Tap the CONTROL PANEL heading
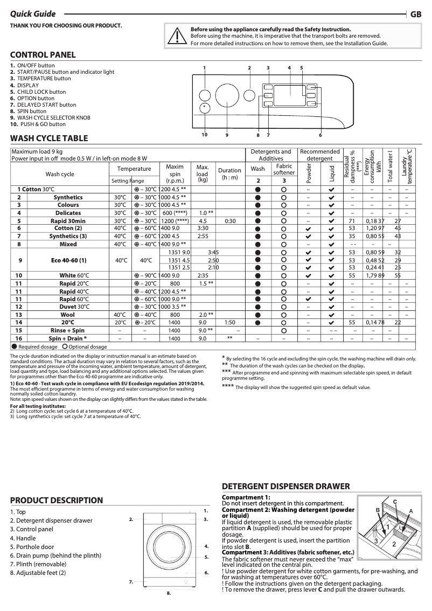pyautogui.click(x=43, y=54)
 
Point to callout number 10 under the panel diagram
pyautogui.click(x=205, y=134)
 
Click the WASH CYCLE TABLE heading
pyautogui.click(x=49, y=138)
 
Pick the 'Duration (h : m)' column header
pyautogui.click(x=230, y=173)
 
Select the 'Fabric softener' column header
pyautogui.click(x=284, y=170)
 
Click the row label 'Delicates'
pyautogui.click(x=68, y=213)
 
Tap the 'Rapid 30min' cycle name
pyautogui.click(x=68, y=221)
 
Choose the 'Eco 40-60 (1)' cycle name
pyautogui.click(x=68, y=260)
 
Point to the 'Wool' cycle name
pyautogui.click(x=68, y=315)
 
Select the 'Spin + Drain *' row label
pyautogui.click(x=68, y=338)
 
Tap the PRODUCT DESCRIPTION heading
pyautogui.click(x=57, y=501)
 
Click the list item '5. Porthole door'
pyautogui.click(x=32, y=547)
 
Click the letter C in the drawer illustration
pyautogui.click(x=394, y=502)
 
